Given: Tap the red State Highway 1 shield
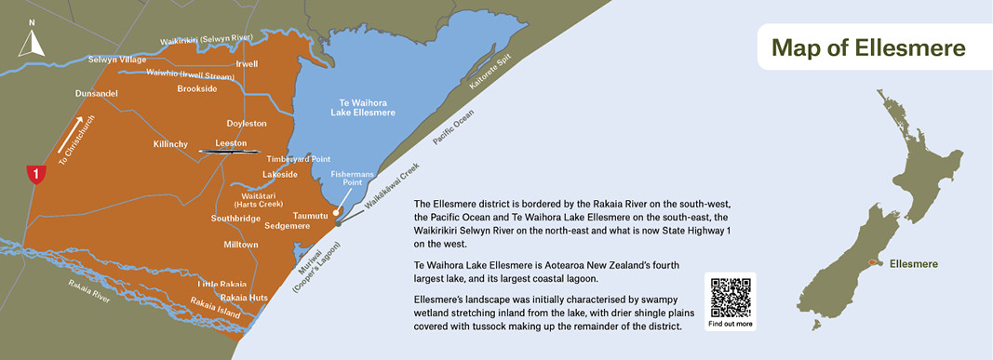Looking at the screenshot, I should [x=35, y=173].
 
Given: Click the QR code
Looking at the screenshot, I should [x=731, y=297].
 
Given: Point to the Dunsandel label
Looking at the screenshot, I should [x=97, y=94].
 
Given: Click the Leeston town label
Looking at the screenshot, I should [x=231, y=143].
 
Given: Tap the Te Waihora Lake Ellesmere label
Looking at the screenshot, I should [x=363, y=107].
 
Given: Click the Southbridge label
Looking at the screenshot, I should [x=235, y=218].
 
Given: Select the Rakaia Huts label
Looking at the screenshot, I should [x=244, y=298].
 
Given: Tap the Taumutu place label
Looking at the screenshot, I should [x=311, y=215].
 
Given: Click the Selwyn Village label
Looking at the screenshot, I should [x=117, y=60].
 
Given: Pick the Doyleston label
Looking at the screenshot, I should [x=247, y=123].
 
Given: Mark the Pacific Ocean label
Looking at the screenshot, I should [x=453, y=127].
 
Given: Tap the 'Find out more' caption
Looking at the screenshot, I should [x=731, y=324].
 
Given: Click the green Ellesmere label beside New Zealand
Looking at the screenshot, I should [x=913, y=264].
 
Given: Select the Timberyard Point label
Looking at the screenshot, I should [x=299, y=159].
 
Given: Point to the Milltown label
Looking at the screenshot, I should [x=240, y=244].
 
